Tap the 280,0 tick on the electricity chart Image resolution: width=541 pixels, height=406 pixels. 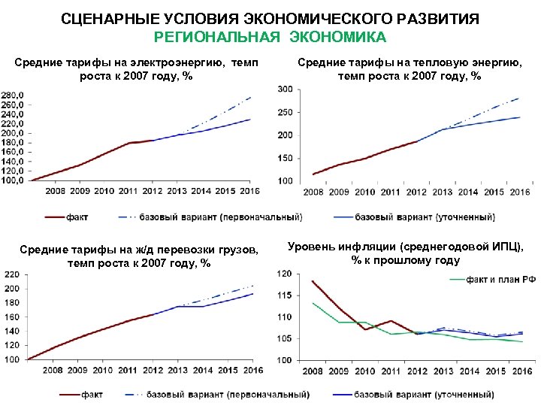point(13,95)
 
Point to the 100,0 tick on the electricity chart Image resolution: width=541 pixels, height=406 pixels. point(13,180)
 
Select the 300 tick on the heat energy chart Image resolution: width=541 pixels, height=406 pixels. point(286,89)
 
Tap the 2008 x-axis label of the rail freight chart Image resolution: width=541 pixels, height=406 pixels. point(53,370)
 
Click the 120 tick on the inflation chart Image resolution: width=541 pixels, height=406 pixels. point(283,274)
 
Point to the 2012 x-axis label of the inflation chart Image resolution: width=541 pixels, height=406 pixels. point(416,371)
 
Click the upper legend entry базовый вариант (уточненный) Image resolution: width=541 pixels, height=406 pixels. point(425,217)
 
